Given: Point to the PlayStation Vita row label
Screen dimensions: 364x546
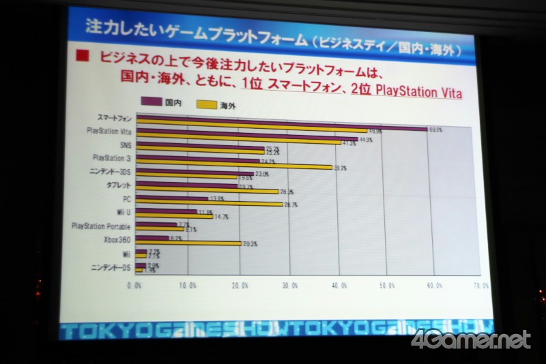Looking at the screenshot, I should (109, 131).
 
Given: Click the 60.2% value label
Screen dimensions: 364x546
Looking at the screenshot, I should (435, 129).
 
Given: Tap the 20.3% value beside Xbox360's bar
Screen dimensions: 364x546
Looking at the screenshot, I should (250, 244).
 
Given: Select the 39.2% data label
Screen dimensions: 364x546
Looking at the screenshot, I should (340, 168).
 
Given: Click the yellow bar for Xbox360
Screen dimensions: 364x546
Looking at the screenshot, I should (188, 243).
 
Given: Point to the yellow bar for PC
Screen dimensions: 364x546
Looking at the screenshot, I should (208, 203).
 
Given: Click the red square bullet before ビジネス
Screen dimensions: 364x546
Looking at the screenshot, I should (83, 57).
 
